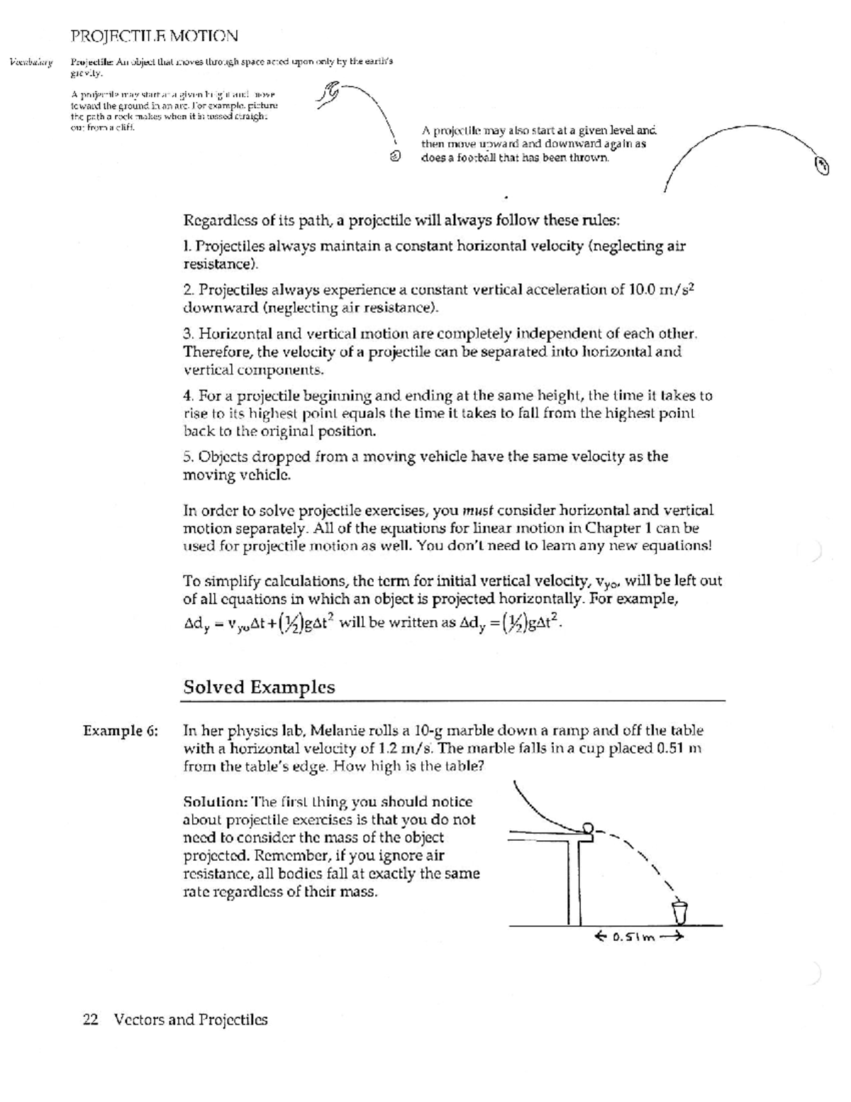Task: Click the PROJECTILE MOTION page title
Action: click(x=154, y=35)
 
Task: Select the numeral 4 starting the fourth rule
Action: click(x=188, y=396)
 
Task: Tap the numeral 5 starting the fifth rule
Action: click(x=188, y=456)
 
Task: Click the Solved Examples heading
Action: click(x=259, y=687)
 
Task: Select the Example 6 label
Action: click(x=121, y=731)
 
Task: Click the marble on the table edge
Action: click(x=587, y=827)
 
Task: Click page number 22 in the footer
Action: click(x=90, y=1020)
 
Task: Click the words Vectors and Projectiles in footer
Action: click(x=191, y=1020)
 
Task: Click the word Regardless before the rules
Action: click(x=221, y=220)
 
